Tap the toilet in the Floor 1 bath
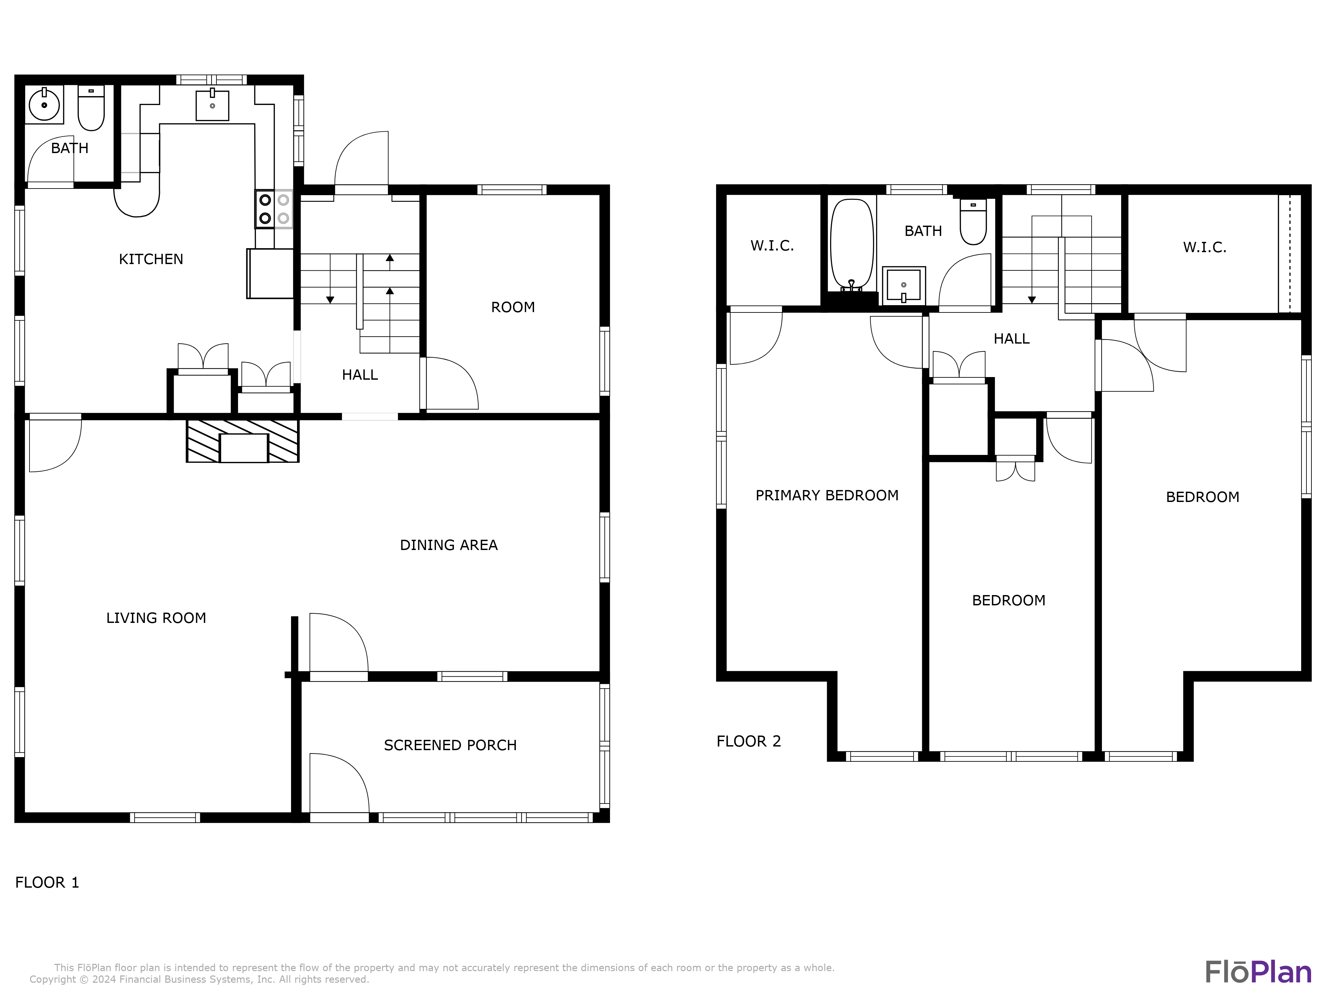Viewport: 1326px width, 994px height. (91, 109)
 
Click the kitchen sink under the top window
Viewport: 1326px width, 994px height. (212, 105)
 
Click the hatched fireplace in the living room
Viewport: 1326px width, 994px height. (243, 441)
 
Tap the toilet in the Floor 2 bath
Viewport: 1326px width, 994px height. (973, 223)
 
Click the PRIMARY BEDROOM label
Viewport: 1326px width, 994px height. (827, 495)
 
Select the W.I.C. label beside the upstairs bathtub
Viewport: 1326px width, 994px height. (772, 245)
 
